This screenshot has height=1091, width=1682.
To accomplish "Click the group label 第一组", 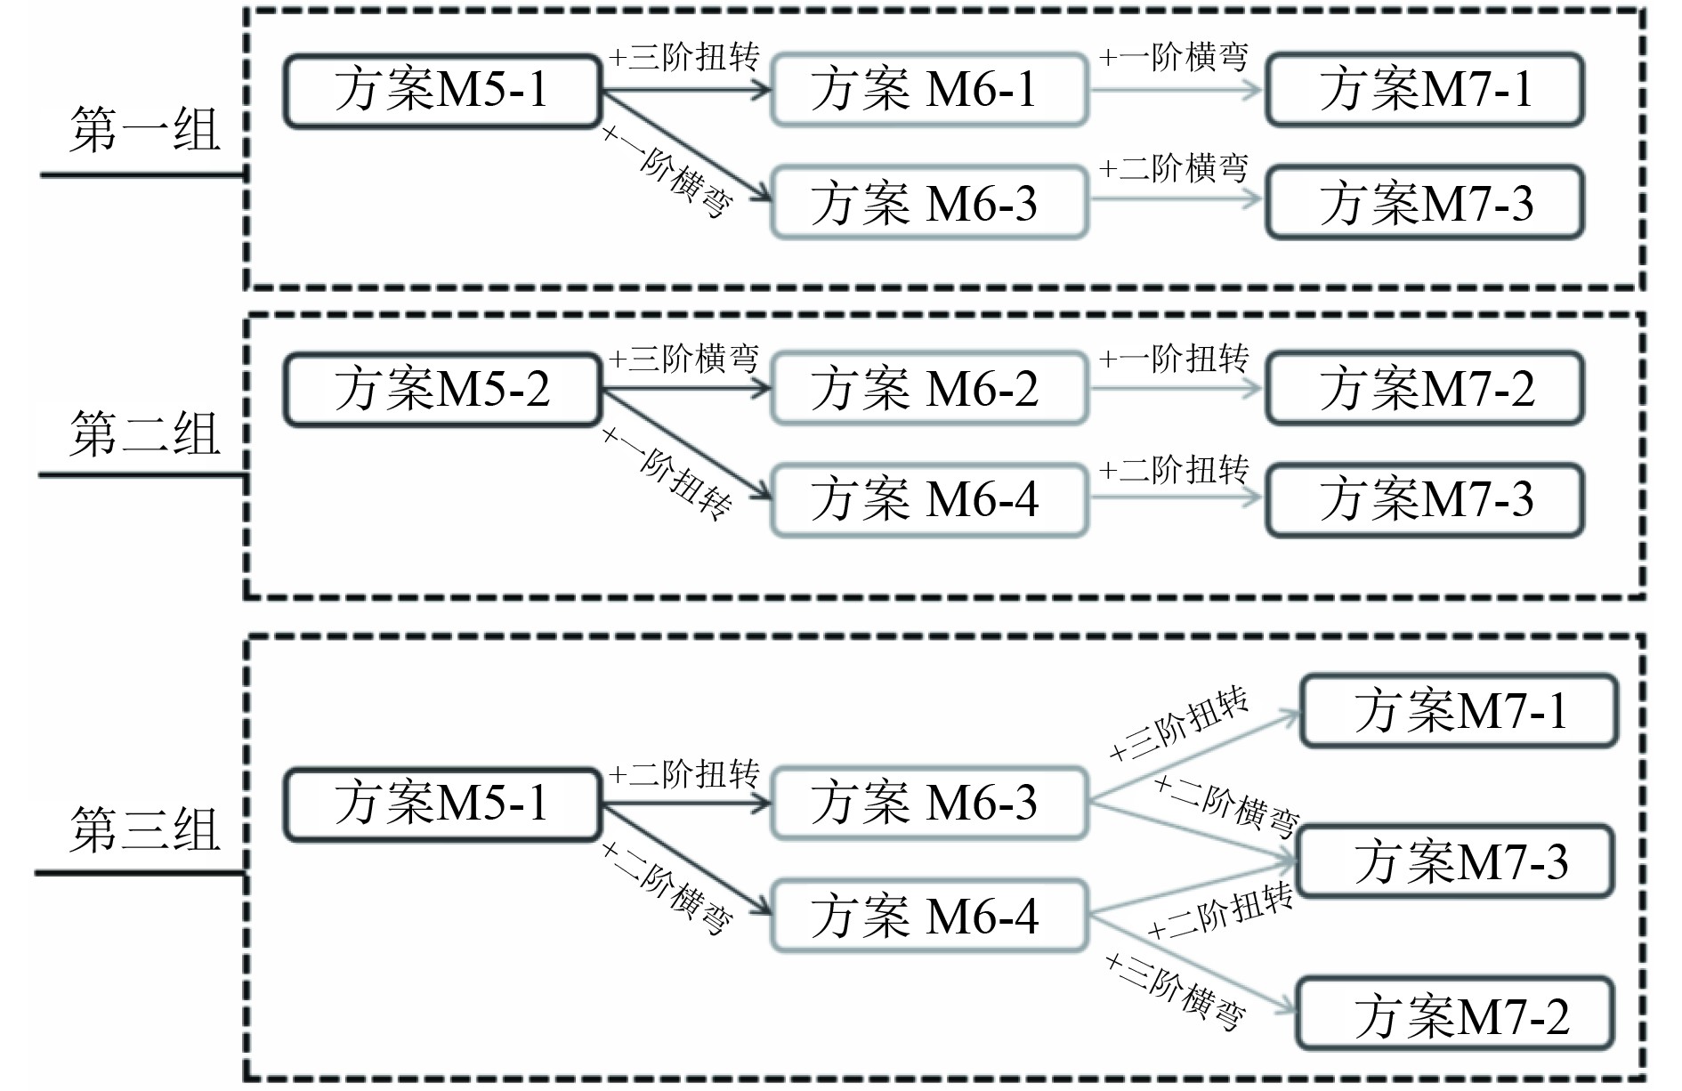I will [144, 131].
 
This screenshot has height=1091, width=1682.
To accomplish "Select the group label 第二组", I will [144, 434].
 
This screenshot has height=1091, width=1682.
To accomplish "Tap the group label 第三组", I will [144, 830].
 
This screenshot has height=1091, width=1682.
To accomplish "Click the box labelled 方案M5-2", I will [441, 390].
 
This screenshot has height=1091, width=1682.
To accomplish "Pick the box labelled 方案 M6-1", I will [928, 90].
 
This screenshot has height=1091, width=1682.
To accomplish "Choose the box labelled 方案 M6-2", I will [928, 390].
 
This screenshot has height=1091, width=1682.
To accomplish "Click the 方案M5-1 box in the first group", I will [441, 90].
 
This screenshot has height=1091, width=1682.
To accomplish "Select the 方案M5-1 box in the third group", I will [441, 804].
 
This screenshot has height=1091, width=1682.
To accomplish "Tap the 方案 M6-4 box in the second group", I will [928, 500].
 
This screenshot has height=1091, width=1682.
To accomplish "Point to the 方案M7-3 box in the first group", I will [1424, 203].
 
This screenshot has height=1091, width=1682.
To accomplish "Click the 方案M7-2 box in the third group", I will [1454, 1015].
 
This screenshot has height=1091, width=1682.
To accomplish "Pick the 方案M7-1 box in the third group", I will [1458, 711].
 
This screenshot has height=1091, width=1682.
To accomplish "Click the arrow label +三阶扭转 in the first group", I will [683, 58].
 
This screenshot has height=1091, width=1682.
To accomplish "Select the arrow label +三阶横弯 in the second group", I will [683, 359].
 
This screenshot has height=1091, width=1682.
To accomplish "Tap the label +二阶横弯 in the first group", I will [1174, 167].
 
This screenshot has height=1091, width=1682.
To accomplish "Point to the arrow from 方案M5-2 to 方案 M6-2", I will [685, 390].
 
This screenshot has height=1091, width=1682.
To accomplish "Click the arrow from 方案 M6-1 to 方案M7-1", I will [1175, 90].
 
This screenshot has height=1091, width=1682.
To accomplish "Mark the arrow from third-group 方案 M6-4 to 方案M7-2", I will [1193, 965].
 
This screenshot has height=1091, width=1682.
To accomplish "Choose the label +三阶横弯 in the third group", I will [1175, 990].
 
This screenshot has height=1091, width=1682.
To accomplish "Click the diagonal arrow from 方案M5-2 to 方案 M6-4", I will [685, 444].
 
